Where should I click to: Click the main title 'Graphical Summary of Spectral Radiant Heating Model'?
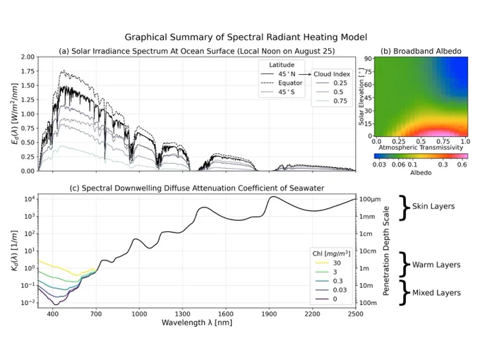246,37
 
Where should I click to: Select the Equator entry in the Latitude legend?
282,83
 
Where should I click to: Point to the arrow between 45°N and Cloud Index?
305,74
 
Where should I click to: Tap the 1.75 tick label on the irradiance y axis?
28,71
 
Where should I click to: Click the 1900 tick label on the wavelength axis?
269,314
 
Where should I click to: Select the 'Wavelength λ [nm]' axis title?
197,323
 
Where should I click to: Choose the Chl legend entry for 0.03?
331,290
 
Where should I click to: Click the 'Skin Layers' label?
433,206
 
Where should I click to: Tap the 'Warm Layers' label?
436,265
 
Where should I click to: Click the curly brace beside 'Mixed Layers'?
404,293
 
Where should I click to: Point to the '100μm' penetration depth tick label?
370,199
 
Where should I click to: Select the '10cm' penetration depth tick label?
367,251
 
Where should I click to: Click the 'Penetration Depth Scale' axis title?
386,251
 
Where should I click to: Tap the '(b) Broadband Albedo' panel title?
421,51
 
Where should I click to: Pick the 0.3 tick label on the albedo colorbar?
443,164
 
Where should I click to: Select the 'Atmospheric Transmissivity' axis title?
421,148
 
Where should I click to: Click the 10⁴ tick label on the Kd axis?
28,199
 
